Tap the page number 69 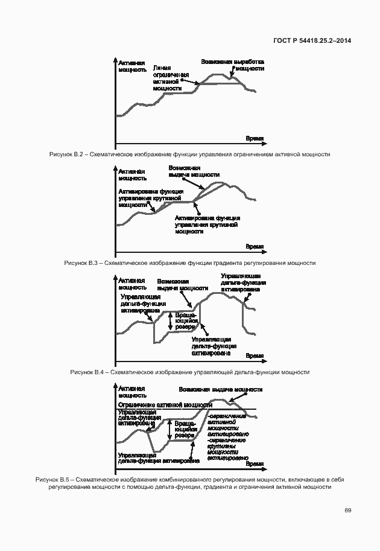click(348, 510)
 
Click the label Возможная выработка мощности click(232, 65)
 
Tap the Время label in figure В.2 click(255, 139)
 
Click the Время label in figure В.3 click(255, 247)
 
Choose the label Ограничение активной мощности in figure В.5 click(165, 405)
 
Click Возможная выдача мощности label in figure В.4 click(182, 285)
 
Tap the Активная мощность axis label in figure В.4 click(132, 284)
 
